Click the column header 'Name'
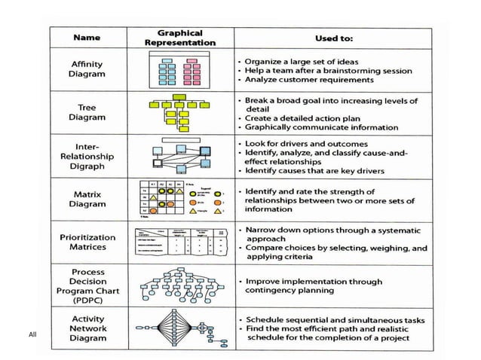(x=88, y=37)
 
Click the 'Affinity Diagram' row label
(x=87, y=69)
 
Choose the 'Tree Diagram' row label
(x=87, y=112)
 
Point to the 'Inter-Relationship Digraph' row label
(x=87, y=155)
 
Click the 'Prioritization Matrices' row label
(x=87, y=242)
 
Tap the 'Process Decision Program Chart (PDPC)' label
(x=87, y=285)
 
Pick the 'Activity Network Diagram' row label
(x=87, y=328)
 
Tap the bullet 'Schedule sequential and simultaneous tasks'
(x=332, y=320)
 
